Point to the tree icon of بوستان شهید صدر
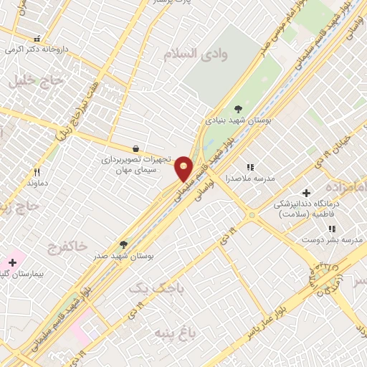pyautogui.click(x=123, y=244)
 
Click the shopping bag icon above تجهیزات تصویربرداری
pyautogui.click(x=137, y=148)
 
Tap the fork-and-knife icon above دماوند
pyautogui.click(x=37, y=172)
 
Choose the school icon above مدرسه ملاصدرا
pyautogui.click(x=250, y=167)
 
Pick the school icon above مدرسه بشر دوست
pyautogui.click(x=331, y=229)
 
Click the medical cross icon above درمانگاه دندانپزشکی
pyautogui.click(x=306, y=193)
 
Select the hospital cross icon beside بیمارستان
pyautogui.click(x=12, y=262)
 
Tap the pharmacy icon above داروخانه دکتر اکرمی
pyautogui.click(x=37, y=39)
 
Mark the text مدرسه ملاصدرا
pyautogui.click(x=250, y=178)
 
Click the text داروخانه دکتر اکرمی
pyautogui.click(x=38, y=50)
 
